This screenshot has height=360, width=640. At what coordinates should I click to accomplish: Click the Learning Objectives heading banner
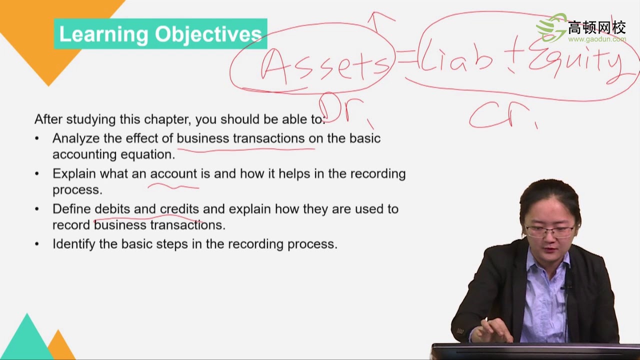tap(160, 34)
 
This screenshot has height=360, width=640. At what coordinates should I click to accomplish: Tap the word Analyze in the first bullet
tap(75, 138)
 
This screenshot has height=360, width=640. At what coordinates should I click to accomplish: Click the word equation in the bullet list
tap(147, 154)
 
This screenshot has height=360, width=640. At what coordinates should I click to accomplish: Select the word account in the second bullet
tap(173, 174)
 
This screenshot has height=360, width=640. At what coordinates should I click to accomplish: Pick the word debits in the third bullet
tap(112, 209)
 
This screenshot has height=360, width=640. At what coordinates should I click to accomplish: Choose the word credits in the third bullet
tap(179, 209)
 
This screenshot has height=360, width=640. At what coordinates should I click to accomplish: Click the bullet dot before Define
tap(37, 209)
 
